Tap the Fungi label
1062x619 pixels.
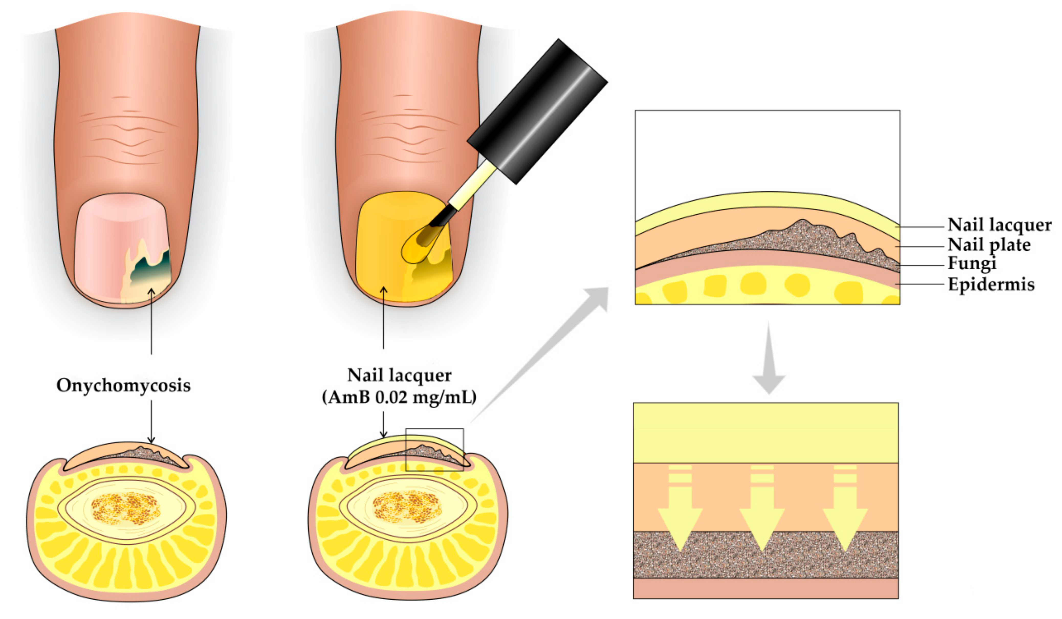971,263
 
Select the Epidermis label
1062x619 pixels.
991,284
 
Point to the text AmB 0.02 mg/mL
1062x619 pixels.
399,397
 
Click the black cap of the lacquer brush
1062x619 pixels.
537,112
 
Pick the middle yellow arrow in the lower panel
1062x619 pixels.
762,518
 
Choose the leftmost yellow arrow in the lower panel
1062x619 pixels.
680,518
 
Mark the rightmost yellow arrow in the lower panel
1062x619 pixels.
845,518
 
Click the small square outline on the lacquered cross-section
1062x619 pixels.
434,450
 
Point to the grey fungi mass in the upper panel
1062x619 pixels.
801,240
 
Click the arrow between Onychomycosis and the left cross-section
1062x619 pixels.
151,421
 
